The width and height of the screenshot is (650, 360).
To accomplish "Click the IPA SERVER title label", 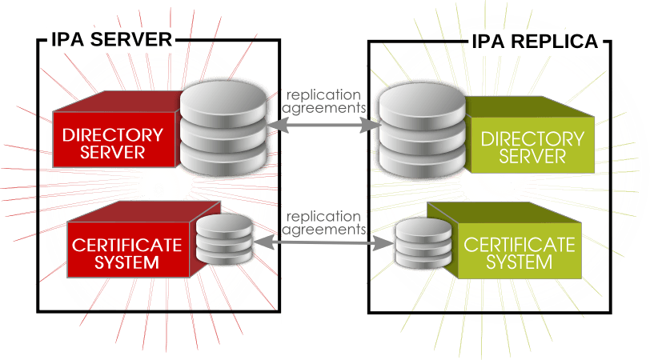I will point(110,39).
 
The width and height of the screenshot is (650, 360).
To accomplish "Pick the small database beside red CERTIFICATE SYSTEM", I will point(224,241).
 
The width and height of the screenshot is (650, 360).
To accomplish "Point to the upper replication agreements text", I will point(324,100).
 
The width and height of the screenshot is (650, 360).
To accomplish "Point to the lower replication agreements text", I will point(324,222).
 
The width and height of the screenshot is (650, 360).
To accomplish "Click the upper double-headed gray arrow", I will point(324,125).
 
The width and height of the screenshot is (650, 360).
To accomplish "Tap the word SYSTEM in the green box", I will point(520,262).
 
